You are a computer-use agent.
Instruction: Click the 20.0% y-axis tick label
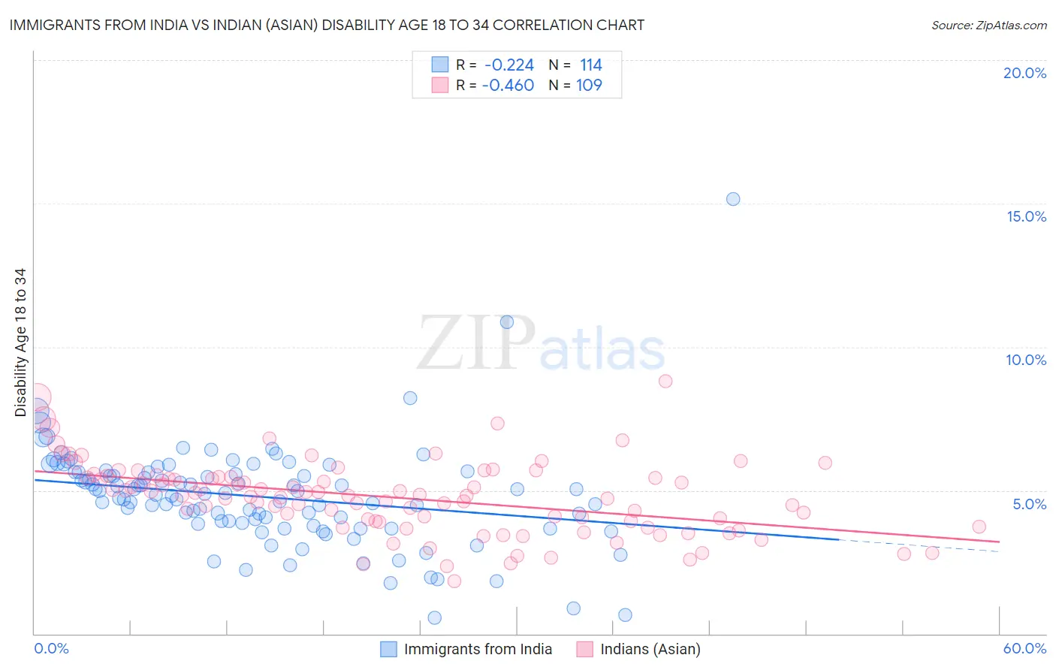[1024, 73]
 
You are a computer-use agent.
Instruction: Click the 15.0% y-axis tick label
[1026, 216]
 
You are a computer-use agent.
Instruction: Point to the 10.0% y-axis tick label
[1026, 360]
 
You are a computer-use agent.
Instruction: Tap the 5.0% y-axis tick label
[1029, 504]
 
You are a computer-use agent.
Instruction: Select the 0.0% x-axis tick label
[51, 648]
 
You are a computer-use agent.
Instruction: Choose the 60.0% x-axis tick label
[1024, 648]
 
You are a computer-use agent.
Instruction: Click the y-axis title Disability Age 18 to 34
[20, 343]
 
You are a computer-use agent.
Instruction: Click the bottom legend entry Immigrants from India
[478, 649]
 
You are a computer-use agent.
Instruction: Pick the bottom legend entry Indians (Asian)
[650, 649]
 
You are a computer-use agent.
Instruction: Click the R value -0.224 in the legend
[508, 65]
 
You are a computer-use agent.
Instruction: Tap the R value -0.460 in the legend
[508, 86]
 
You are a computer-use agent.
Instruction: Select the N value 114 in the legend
[590, 65]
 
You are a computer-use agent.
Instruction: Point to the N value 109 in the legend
[589, 86]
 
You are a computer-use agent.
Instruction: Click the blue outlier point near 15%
[733, 199]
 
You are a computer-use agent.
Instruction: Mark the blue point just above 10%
[507, 322]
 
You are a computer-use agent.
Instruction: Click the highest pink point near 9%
[665, 381]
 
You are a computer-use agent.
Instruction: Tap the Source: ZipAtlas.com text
[988, 25]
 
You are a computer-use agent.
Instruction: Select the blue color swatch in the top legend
[439, 65]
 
